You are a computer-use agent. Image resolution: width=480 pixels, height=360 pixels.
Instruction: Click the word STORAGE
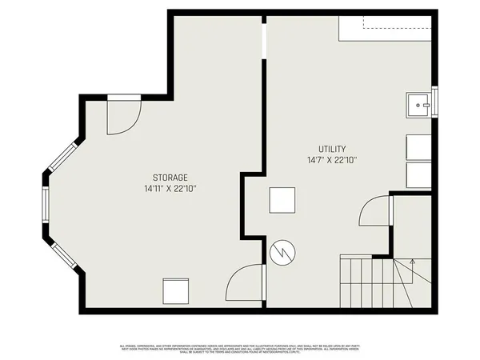point(170,177)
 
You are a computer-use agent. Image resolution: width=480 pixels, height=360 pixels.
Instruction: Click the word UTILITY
point(332,149)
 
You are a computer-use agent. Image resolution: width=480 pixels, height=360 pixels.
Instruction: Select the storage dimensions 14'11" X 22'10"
point(170,189)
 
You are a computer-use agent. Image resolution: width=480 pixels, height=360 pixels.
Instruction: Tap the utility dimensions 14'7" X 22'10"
point(332,160)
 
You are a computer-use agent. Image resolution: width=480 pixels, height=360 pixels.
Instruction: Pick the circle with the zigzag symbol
point(282,253)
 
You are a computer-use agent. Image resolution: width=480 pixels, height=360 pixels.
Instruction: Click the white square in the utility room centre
point(282,200)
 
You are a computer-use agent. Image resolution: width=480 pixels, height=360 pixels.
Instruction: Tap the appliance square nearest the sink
point(419,148)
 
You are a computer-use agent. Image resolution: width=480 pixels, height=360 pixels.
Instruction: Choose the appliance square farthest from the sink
point(419,175)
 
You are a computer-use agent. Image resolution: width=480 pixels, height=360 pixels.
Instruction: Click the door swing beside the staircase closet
point(374,214)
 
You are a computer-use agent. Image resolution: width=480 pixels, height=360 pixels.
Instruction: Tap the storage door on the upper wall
point(124,114)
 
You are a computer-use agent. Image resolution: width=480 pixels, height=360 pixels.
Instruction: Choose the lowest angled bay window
point(64,254)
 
